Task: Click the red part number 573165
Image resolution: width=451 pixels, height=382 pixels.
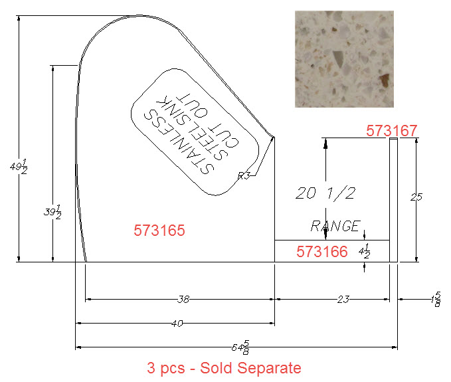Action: coord(159,231)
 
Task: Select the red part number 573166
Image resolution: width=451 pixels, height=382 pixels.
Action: coord(322,252)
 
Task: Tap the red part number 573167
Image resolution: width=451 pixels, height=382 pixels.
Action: coord(391,131)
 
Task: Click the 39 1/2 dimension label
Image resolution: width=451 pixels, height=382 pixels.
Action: coord(52,213)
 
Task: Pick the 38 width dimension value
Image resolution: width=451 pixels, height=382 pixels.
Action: coord(183,300)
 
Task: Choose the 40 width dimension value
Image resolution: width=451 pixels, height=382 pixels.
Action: coord(177,324)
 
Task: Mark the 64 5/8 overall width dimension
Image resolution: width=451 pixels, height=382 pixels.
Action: coord(240,347)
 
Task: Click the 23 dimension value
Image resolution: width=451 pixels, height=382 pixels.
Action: coord(343,300)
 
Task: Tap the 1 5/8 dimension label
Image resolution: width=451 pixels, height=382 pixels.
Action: coord(436,300)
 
